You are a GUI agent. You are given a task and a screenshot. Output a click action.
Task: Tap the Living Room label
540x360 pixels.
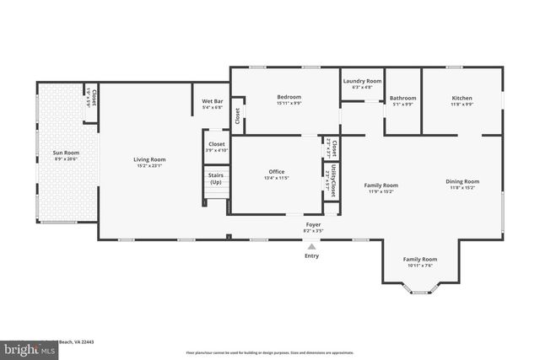click(149, 159)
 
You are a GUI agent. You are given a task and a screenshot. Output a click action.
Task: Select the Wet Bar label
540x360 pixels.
click(212, 102)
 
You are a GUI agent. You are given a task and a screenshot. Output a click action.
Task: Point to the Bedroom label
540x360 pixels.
click(289, 97)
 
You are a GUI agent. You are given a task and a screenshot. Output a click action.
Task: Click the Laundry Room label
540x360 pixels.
click(362, 81)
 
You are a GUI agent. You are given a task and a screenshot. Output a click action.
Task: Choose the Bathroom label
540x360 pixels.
click(403, 98)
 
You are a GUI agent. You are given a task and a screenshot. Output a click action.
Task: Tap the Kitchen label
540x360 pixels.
click(462, 98)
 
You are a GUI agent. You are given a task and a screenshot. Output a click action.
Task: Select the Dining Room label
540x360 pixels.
click(462, 181)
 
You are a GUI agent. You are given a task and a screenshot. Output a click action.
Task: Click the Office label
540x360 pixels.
click(276, 171)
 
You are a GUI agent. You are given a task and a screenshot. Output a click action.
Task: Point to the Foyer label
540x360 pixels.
click(313, 224)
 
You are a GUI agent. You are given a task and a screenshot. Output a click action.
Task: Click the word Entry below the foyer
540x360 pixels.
click(312, 256)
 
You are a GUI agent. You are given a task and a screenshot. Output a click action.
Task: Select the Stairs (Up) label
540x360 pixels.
click(216, 178)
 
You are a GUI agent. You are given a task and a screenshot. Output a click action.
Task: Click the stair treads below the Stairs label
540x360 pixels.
click(216, 197)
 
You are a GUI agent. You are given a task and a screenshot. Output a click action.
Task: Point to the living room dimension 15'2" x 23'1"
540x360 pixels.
click(149, 165)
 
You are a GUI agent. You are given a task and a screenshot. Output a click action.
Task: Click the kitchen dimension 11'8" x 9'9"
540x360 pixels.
click(462, 105)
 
